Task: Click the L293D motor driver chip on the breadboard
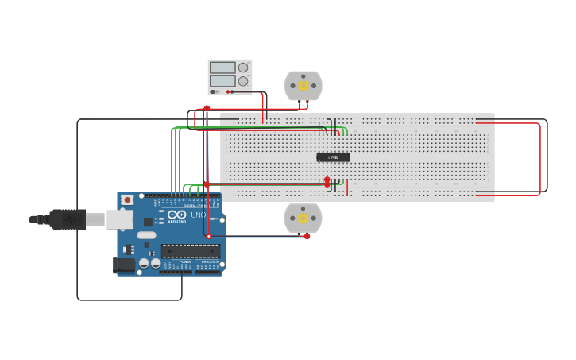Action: click(333, 157)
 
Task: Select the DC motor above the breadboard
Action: click(303, 86)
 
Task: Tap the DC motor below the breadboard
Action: click(303, 218)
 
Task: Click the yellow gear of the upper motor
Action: click(303, 86)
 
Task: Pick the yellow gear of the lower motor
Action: click(303, 218)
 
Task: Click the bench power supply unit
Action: click(230, 76)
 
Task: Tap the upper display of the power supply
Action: click(222, 68)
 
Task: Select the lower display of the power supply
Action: click(222, 81)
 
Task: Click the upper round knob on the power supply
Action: click(243, 68)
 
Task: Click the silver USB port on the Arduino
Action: click(120, 219)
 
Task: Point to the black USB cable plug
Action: click(67, 219)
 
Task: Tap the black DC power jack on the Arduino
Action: click(123, 265)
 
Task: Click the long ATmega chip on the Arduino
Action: click(191, 250)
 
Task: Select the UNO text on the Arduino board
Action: click(198, 215)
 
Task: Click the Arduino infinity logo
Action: click(176, 215)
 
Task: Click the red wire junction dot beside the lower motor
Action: click(307, 236)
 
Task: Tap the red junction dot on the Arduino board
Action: click(209, 236)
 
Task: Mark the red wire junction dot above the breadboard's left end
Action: click(207, 108)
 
